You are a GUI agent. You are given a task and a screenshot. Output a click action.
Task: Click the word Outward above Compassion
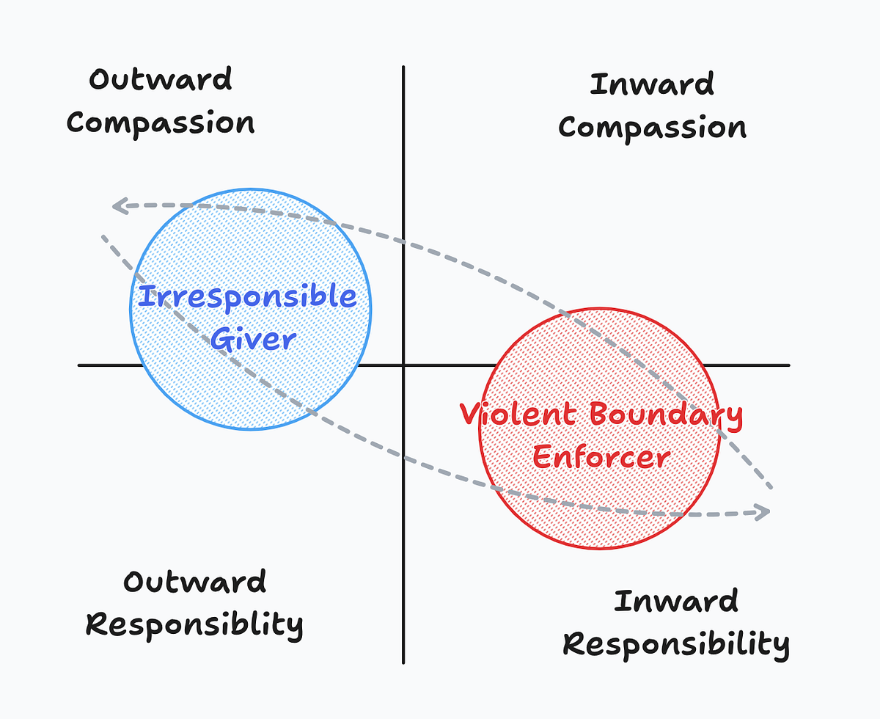tap(161, 79)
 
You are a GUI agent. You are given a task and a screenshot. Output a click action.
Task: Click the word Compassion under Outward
tap(161, 123)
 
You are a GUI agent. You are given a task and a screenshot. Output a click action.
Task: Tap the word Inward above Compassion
tap(652, 84)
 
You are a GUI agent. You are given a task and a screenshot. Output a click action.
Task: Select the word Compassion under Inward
tap(652, 128)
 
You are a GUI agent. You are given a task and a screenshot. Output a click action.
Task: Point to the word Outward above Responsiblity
tap(195, 581)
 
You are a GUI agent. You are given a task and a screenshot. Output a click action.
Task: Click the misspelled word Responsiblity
tap(194, 624)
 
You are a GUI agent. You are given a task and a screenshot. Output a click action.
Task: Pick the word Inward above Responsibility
tap(676, 601)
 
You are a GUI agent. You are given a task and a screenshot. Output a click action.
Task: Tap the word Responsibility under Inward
tap(676, 645)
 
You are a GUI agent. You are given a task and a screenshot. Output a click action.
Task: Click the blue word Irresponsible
tap(247, 297)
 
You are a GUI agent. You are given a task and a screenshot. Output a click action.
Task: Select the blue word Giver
tap(253, 339)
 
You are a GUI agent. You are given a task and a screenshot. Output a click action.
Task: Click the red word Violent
tap(518, 414)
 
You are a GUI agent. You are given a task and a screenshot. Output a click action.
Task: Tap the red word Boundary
tap(667, 416)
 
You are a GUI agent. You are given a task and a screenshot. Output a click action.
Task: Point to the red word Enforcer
tap(601, 457)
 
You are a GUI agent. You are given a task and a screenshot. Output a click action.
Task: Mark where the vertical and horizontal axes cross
tap(403, 365)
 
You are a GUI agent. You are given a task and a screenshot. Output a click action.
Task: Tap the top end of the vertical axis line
tap(403, 67)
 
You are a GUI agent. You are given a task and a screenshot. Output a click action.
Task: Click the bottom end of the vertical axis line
tap(403, 663)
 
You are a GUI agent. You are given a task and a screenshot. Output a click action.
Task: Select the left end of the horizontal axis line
tap(79, 365)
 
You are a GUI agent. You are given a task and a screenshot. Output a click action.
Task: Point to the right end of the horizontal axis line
tap(789, 365)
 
